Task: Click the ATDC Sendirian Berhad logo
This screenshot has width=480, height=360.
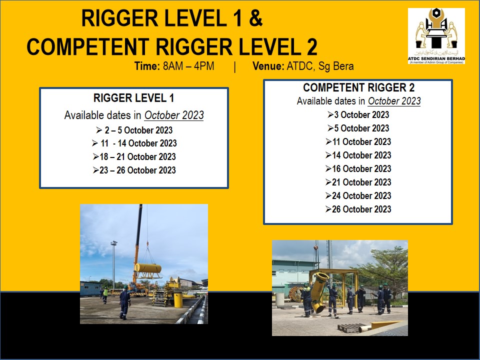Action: click(436, 36)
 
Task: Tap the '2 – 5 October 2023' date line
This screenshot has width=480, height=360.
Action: click(134, 130)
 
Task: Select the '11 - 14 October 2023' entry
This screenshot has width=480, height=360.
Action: click(134, 143)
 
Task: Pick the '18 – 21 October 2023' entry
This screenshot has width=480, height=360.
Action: click(134, 156)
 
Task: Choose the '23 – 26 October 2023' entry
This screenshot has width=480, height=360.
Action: click(134, 170)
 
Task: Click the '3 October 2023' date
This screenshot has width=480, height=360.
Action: click(358, 114)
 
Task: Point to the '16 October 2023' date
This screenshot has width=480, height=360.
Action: click(358, 168)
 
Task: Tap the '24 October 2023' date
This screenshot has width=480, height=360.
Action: click(358, 195)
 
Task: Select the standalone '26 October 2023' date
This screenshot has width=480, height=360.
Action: click(358, 209)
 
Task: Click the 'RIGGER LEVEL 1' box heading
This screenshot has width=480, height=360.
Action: click(134, 98)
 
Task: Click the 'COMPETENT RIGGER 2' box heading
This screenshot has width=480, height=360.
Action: click(358, 87)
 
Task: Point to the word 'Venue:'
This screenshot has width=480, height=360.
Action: click(268, 66)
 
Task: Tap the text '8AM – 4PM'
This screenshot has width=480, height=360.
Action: click(188, 66)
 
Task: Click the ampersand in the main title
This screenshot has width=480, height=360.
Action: click(255, 18)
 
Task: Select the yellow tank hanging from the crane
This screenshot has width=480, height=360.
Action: click(148, 268)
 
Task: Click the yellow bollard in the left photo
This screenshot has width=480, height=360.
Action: click(178, 300)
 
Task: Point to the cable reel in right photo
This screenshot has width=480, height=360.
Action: click(295, 294)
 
